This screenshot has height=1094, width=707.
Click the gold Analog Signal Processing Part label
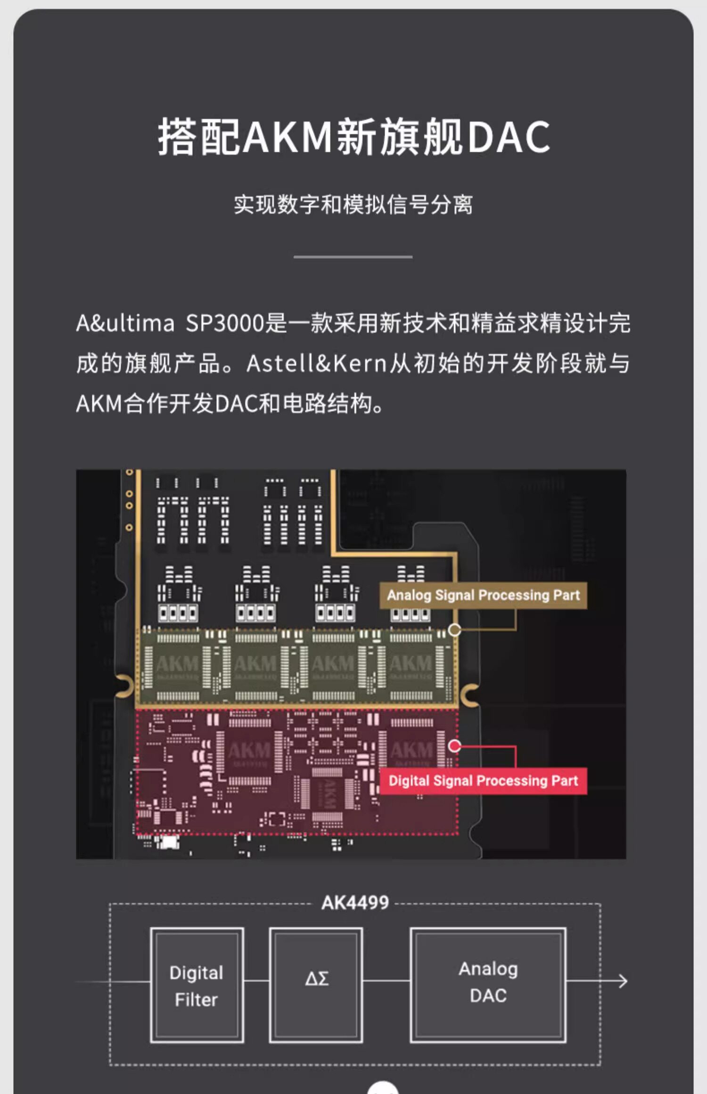coord(483,595)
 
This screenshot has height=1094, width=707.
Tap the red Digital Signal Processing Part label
coord(483,781)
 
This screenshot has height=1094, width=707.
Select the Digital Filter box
coord(197,986)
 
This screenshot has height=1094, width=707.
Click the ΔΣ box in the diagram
coord(316,986)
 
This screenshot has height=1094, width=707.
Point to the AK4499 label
coord(355,903)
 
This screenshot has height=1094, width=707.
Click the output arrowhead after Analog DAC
coord(623,981)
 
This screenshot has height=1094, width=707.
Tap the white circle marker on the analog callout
coord(454,630)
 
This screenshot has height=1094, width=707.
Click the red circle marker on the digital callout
coord(454,746)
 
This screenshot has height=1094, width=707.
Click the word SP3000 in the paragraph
coord(224,324)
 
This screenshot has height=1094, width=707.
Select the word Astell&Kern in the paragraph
coord(316,363)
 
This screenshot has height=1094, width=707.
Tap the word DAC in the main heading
coord(509,137)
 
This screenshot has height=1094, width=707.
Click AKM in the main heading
coord(288,137)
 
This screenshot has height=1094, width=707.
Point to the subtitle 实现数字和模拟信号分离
coord(353,204)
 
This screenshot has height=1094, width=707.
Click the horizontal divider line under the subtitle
coord(353,257)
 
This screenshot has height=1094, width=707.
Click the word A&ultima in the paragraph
coord(125,324)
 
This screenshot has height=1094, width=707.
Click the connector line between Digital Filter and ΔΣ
coord(256,981)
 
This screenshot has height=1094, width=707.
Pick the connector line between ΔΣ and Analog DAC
coord(386,981)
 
